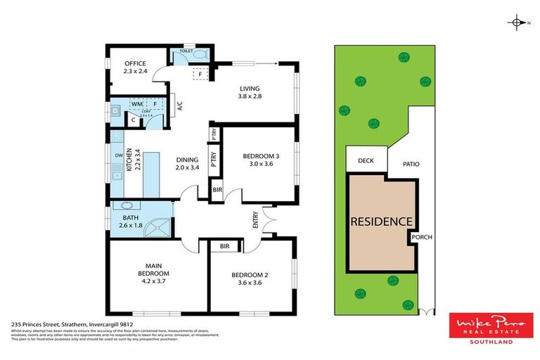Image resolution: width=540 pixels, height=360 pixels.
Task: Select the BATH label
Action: (130, 217)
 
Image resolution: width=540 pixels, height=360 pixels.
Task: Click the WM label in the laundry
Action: (136, 104)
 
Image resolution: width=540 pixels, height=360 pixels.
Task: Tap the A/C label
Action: (179, 107)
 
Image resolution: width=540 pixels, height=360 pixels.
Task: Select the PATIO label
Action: (411, 164)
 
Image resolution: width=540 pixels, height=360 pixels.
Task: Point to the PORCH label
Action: (422, 238)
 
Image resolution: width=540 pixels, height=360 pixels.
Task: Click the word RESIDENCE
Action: (380, 221)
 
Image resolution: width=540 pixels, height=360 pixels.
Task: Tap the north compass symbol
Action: (517, 23)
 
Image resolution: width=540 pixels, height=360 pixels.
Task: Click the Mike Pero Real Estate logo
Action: (491, 328)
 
